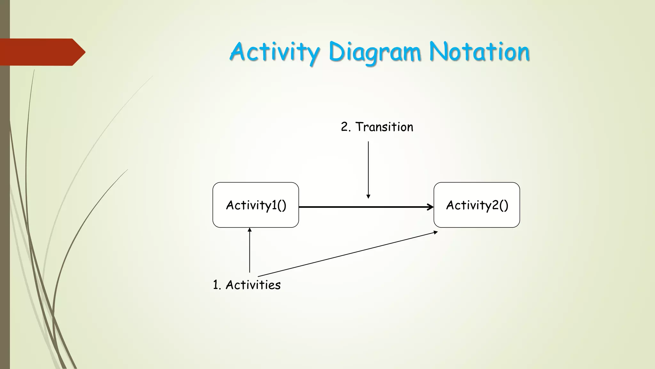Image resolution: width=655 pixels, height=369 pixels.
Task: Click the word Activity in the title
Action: [274, 52]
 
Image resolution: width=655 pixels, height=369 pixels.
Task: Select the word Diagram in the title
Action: [374, 52]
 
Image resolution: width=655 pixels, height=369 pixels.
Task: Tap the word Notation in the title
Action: [479, 52]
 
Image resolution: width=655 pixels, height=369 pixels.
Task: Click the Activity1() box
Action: [256, 205]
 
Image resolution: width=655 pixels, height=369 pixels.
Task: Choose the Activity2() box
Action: [477, 205]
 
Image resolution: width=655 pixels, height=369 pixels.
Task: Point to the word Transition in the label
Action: [384, 127]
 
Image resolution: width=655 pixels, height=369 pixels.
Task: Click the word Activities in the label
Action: [253, 285]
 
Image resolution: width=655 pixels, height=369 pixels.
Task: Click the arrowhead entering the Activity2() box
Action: [430, 207]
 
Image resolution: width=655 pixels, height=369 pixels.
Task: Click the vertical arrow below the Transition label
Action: [368, 167]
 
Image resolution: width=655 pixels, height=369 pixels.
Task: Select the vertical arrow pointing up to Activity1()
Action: [249, 253]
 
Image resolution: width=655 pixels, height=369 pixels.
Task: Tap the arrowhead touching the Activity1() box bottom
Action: [249, 229]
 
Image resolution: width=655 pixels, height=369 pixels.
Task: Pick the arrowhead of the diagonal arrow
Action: [436, 232]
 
